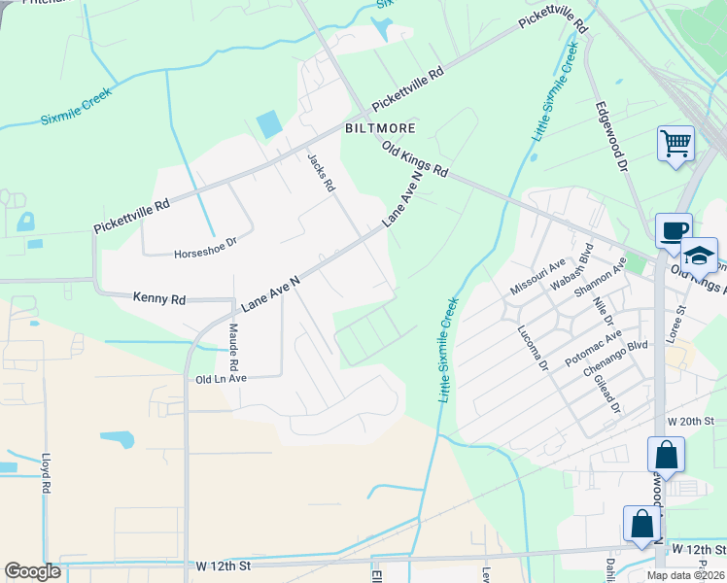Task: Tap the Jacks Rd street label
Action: click(x=321, y=171)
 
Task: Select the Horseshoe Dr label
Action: click(x=205, y=254)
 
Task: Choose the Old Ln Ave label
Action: click(x=222, y=379)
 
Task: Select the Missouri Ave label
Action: click(x=537, y=278)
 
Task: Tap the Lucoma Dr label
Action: click(x=534, y=348)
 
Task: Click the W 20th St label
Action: click(x=691, y=421)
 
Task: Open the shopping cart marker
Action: click(x=675, y=144)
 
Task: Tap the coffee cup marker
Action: click(x=674, y=231)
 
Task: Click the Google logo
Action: click(x=32, y=571)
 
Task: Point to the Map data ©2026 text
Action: click(x=684, y=575)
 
